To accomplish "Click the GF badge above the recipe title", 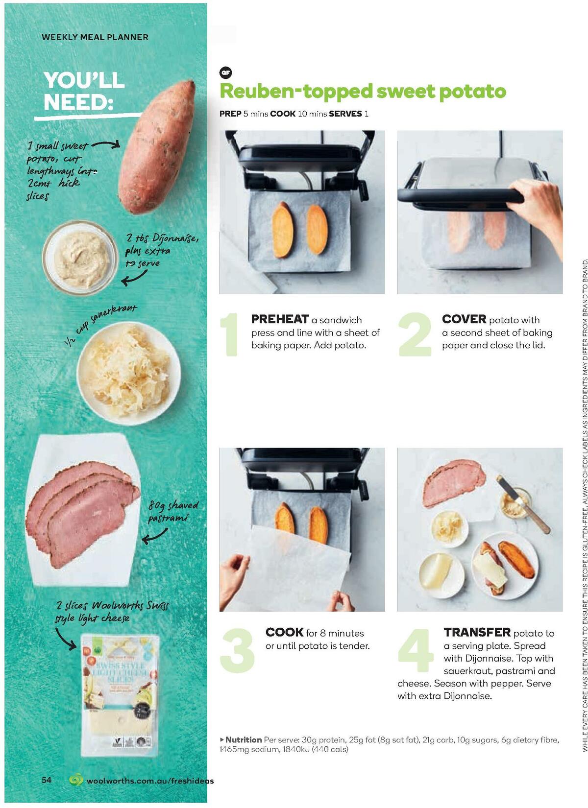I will tap(225, 73).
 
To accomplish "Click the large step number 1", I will tap(229, 334).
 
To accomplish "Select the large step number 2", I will tap(415, 334).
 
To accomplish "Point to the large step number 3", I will tap(238, 650).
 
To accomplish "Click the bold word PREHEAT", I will tap(280, 319).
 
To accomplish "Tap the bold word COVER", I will tap(464, 319).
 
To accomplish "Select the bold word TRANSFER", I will tap(477, 632).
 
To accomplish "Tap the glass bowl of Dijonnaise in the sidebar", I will tap(81, 257).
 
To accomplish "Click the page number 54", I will tap(47, 780).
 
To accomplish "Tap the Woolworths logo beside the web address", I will tap(76, 780).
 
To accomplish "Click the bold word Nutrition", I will tap(243, 739).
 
